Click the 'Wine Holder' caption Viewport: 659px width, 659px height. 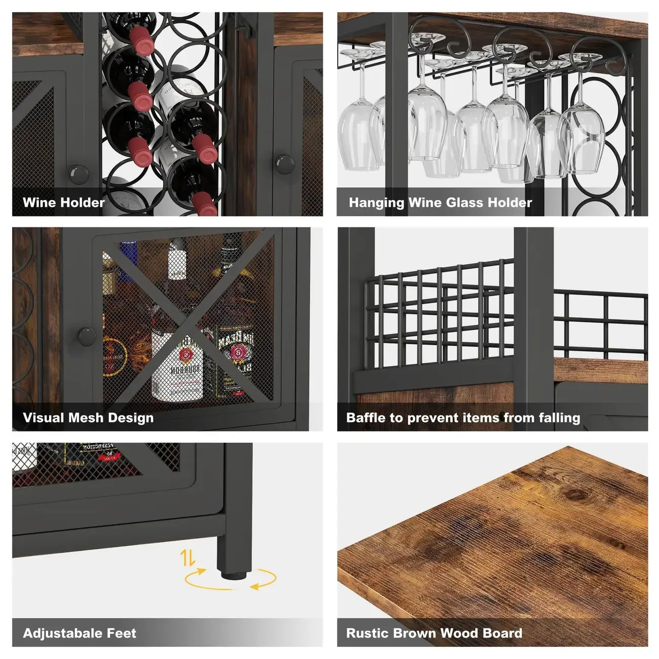[x=63, y=203]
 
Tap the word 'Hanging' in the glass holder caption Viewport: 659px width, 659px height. [x=376, y=203]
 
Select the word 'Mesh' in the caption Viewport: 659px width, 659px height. [x=88, y=418]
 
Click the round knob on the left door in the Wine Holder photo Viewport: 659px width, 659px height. [x=79, y=174]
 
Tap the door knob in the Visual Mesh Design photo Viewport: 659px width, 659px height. [x=87, y=335]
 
